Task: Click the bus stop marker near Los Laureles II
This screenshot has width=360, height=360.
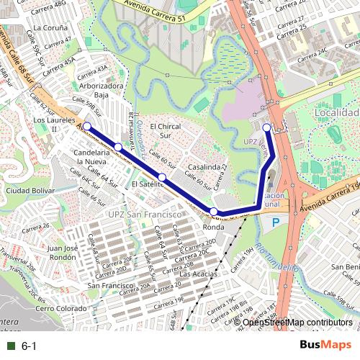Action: pos(87,127)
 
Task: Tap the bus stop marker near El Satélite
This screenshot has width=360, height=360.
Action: pos(163,177)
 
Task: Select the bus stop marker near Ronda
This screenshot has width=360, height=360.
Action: pos(214,211)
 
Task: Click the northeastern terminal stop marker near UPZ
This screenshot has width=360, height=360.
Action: pos(266,127)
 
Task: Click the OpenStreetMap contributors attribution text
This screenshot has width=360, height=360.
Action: pos(297,322)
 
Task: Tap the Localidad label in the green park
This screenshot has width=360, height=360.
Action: pos(336,113)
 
